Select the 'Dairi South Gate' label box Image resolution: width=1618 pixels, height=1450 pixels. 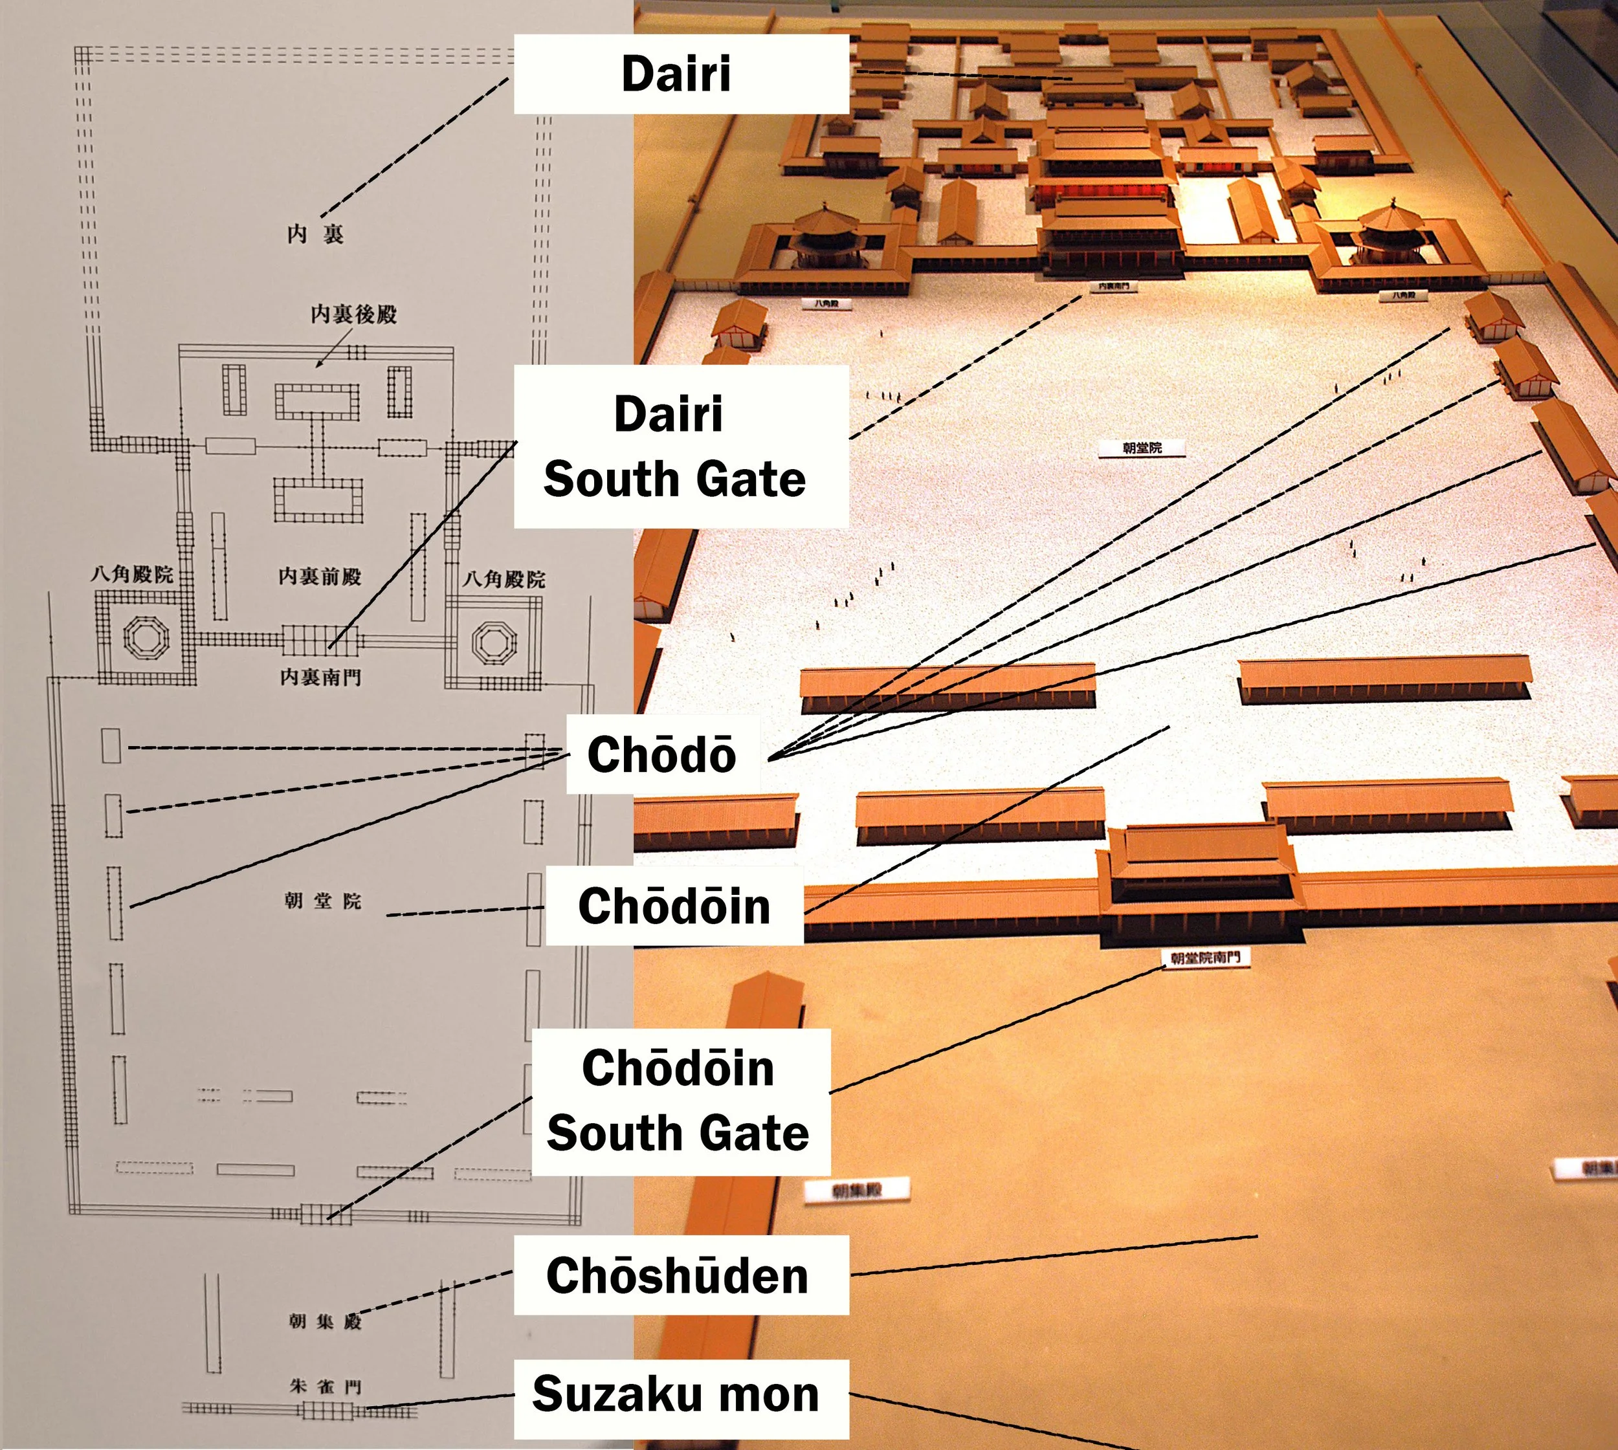pyautogui.click(x=675, y=446)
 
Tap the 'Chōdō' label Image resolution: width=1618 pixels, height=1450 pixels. pyautogui.click(x=661, y=754)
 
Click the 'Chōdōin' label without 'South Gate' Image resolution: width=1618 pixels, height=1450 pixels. pyautogui.click(x=674, y=906)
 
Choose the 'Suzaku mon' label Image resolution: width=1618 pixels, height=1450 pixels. pyautogui.click(x=676, y=1394)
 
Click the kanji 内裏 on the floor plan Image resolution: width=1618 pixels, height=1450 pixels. pyautogui.click(x=316, y=234)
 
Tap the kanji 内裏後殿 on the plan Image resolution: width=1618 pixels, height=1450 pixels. pyautogui.click(x=354, y=314)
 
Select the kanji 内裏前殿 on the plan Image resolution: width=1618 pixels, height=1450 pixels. pyautogui.click(x=320, y=576)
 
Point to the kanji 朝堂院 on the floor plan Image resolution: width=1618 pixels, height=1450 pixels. pyautogui.click(x=323, y=901)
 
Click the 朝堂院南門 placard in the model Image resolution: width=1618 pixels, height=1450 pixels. pyautogui.click(x=1205, y=958)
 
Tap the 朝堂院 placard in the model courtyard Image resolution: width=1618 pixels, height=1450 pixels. pyautogui.click(x=1142, y=448)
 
